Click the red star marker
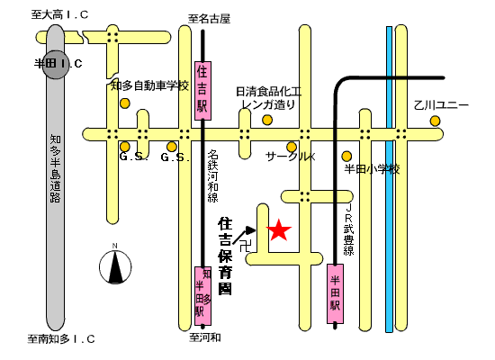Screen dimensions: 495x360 coord(279,230)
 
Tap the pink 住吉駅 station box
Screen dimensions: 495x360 coord(202,91)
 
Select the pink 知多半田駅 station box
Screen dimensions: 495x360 coord(202,295)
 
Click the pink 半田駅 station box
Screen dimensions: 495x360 coord(335,293)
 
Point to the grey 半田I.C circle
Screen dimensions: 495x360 coord(56,65)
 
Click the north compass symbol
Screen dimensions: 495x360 coord(115,266)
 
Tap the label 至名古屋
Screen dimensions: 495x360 coord(210,19)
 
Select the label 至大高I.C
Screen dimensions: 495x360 coord(59,14)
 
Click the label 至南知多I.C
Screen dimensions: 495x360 coord(61,339)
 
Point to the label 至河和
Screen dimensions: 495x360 coord(205,337)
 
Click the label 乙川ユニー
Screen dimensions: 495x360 coord(441,105)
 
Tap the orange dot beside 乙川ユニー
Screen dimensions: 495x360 coord(435,121)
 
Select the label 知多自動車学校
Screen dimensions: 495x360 coord(149,85)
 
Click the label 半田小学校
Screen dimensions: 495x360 coord(372,169)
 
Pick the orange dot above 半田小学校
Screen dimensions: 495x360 coord(346,156)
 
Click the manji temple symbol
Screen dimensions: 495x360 coord(245,246)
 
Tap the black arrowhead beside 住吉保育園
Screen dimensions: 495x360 coord(251,230)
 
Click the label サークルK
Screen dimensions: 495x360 coord(291,157)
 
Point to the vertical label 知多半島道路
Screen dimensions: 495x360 coord(55,168)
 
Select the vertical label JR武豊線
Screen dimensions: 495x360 coord(349,229)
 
